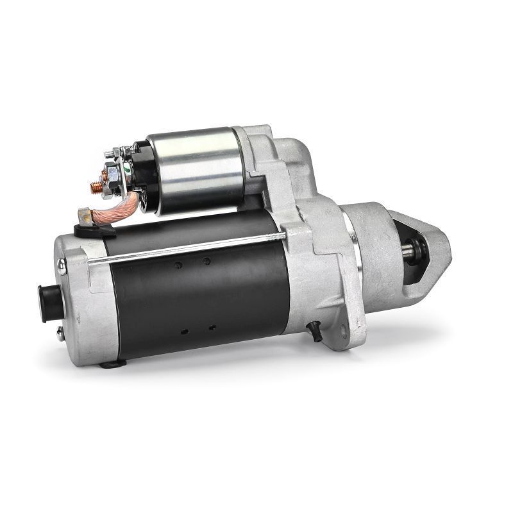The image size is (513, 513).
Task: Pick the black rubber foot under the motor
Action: (x=112, y=364)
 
